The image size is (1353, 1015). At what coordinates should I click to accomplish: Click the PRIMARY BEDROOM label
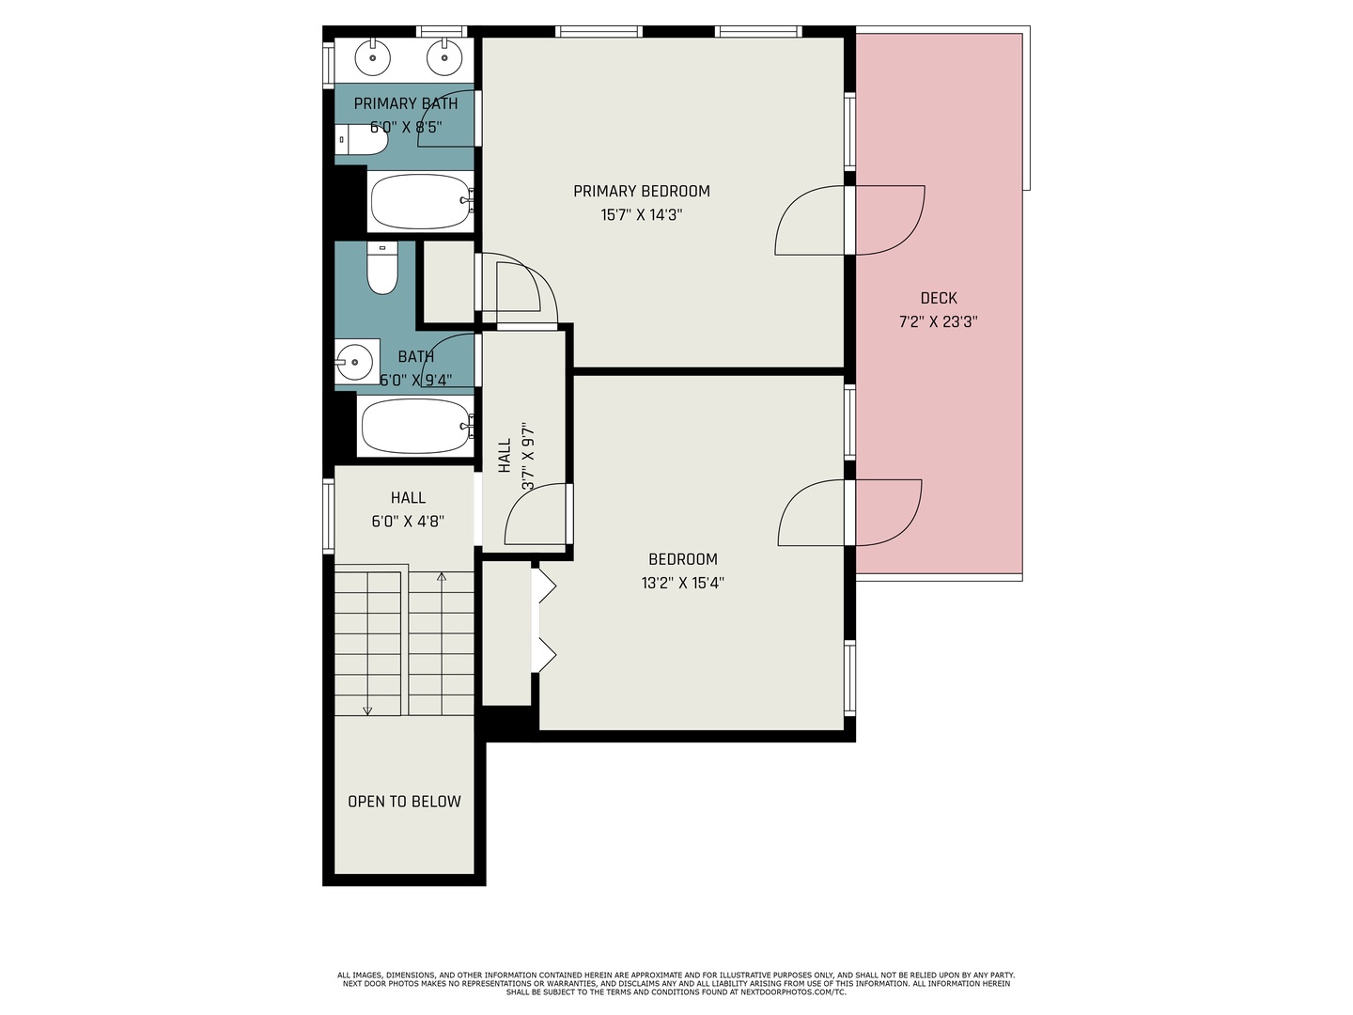642,192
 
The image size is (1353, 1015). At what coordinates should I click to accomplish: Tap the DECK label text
938,298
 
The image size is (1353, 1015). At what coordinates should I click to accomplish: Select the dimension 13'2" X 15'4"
682,583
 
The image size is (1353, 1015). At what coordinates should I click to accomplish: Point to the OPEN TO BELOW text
404,802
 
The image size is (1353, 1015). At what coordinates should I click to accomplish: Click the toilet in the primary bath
362,139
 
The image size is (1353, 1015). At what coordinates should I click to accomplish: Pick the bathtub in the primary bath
420,201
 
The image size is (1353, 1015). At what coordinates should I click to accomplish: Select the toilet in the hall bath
381,268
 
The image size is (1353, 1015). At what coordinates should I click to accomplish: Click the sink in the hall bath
356,361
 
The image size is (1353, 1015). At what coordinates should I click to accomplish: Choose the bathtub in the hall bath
416,426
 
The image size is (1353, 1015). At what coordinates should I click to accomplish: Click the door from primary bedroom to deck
850,220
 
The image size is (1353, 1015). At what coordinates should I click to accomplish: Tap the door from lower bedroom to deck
850,512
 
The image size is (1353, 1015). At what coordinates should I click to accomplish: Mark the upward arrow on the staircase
442,576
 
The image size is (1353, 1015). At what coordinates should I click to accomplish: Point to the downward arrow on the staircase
367,710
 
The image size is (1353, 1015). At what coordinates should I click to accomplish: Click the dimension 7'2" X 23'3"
938,321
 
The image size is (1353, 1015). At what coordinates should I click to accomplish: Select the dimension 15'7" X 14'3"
642,215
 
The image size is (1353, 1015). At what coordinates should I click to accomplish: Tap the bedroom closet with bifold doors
506,632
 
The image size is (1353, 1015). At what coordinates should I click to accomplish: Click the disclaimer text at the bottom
676,983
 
